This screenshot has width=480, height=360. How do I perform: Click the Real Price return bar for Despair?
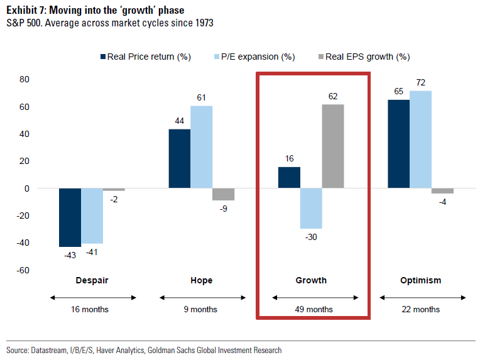point(70,217)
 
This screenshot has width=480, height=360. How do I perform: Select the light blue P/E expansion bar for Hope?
point(201,147)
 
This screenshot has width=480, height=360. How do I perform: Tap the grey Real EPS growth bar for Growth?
point(333,146)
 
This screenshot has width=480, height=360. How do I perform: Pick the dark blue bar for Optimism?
point(398,144)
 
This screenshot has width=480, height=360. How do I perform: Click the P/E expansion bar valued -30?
point(311,209)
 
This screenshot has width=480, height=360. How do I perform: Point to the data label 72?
point(420,83)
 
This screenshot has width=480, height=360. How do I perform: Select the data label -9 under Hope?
point(223,209)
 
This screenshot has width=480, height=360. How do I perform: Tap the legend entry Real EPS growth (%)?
point(364,57)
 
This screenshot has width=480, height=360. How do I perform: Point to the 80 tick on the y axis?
point(25,80)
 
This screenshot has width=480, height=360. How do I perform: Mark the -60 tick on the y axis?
point(23,270)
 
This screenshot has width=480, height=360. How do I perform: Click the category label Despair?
point(92,280)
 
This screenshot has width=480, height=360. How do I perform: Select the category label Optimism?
point(420,280)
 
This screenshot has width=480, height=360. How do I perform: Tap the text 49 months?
point(312,309)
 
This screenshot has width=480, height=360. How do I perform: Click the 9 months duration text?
point(202,309)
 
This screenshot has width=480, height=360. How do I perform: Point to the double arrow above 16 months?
point(92,297)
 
